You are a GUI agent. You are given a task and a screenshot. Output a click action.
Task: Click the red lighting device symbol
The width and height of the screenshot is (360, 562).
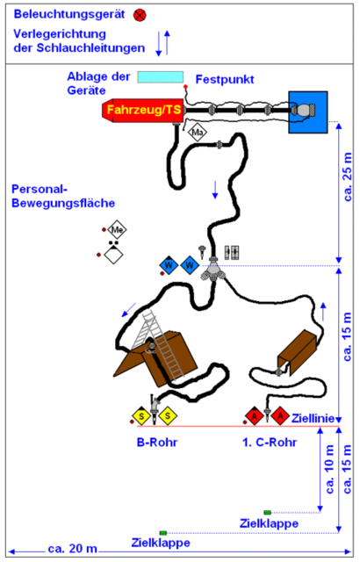pos(140,15)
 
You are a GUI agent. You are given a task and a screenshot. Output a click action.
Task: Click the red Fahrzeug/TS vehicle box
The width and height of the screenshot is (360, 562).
pos(143,110)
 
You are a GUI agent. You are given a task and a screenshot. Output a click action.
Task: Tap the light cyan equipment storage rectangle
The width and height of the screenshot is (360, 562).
pos(161,77)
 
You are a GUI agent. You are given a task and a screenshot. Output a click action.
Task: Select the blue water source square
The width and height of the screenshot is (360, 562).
pos(308,112)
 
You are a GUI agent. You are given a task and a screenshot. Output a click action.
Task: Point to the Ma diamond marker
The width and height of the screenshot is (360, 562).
pos(198,133)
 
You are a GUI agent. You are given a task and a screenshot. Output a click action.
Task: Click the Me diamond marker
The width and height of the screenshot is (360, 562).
pos(117,229)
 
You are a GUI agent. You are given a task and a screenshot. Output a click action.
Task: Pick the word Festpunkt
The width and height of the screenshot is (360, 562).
pos(225,79)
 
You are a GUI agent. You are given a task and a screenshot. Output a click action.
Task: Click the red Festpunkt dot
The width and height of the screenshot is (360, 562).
pos(185,87)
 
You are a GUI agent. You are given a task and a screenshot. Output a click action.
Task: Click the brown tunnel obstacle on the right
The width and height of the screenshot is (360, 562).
pos(298,352)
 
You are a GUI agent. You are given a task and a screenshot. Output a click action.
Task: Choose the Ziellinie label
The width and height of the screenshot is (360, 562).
pos(313,418)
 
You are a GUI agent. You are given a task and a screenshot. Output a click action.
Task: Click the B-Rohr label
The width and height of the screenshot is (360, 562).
pos(157,442)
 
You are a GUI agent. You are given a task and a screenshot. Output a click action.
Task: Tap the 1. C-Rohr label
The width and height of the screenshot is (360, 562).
pos(270,442)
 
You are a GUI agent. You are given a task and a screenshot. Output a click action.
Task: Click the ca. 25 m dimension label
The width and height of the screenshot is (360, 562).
pos(348,177)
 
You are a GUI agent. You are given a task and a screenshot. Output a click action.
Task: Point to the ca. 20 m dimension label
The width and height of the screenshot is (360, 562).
pos(73,548)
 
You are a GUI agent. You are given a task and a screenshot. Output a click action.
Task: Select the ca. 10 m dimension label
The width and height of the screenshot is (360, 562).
pos(329,469)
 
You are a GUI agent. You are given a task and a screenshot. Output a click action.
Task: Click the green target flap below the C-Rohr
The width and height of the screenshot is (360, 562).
pos(267,513)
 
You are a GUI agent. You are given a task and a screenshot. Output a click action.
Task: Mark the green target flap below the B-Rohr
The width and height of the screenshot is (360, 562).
pos(163,533)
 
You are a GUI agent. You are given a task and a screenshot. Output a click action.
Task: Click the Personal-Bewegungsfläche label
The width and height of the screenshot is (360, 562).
pos(63,196)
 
